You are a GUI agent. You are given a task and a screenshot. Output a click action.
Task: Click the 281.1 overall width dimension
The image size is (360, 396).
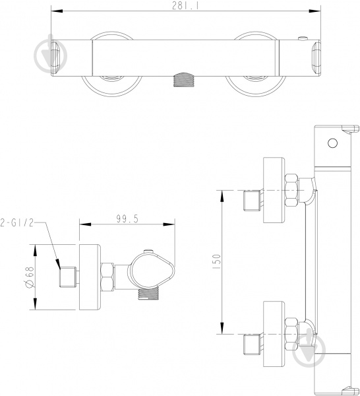(x=185, y=5)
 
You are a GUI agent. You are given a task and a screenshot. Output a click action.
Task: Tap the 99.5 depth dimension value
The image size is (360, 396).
(x=127, y=218)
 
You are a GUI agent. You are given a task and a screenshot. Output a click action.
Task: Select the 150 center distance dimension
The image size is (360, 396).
(x=217, y=261)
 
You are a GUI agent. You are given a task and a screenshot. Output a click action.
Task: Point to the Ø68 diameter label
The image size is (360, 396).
(x=30, y=277)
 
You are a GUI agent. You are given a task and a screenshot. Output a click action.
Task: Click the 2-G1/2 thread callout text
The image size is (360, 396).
(x=17, y=223)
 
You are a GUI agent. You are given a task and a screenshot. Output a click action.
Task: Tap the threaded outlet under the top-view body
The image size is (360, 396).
(x=185, y=80)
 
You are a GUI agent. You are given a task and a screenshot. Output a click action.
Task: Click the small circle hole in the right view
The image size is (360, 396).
(x=332, y=143)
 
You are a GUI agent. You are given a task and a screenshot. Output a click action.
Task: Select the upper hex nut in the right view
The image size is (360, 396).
(x=292, y=190)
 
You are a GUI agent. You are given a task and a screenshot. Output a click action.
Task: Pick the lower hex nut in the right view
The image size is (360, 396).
(x=292, y=334)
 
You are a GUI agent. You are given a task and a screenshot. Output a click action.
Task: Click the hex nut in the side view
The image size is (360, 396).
(x=107, y=277)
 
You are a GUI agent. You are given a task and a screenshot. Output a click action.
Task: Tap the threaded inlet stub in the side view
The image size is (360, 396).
(x=68, y=277)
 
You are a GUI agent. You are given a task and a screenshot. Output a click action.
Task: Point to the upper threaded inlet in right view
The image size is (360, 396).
(x=253, y=201)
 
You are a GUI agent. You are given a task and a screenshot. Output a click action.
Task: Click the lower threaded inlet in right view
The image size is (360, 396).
(x=253, y=344)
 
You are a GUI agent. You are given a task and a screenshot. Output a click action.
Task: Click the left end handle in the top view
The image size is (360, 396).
(x=56, y=57)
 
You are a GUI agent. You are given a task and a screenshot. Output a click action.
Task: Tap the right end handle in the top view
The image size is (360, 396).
(x=316, y=58)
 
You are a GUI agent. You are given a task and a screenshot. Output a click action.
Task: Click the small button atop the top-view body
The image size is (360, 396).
(x=303, y=38)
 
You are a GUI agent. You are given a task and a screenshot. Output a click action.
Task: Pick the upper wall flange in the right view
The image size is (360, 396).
(x=274, y=190)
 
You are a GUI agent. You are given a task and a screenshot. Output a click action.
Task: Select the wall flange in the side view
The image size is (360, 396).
(x=90, y=277)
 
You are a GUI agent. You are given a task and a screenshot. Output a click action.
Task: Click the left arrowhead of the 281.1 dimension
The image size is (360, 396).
(x=57, y=11)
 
